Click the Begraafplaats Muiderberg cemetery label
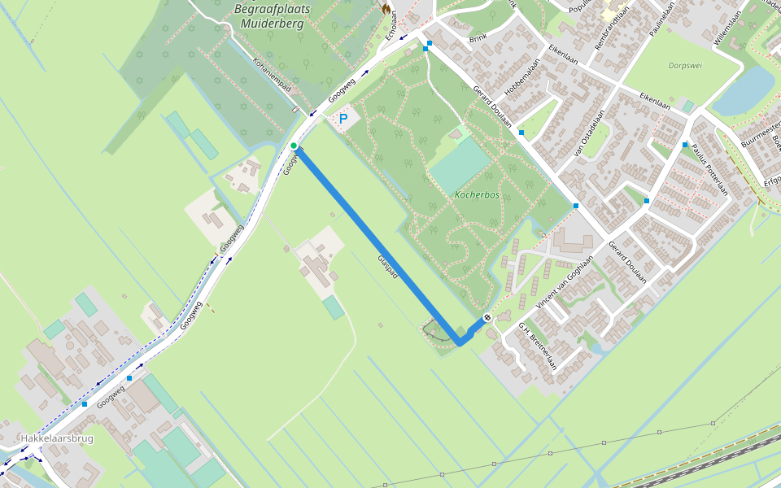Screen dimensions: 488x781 (268, 16)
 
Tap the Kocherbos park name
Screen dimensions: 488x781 (477, 196)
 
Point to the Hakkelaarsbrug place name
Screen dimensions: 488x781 (57, 438)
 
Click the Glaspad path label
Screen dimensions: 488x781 (388, 268)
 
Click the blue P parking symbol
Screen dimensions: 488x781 (343, 119)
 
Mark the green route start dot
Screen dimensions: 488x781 (294, 146)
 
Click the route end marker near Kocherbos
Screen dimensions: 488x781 (486, 317)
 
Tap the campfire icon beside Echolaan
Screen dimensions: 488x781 (386, 7)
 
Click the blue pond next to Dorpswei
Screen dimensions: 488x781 (744, 89)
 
